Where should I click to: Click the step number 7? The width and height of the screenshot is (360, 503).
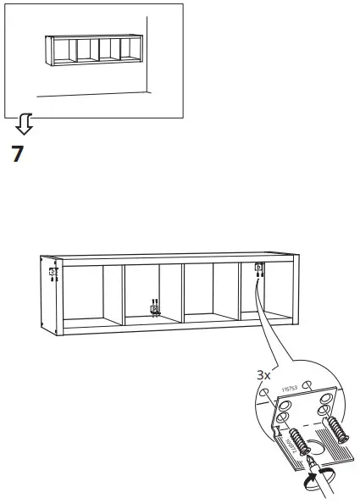pyautogui.click(x=18, y=154)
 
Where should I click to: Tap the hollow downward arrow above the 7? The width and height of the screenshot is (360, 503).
pyautogui.click(x=25, y=126)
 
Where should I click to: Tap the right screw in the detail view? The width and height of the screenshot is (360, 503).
pyautogui.click(x=336, y=429)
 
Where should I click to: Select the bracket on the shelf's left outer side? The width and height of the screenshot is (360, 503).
pyautogui.click(x=53, y=274)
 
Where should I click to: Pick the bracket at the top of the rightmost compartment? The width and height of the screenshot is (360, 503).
pyautogui.click(x=258, y=270)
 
